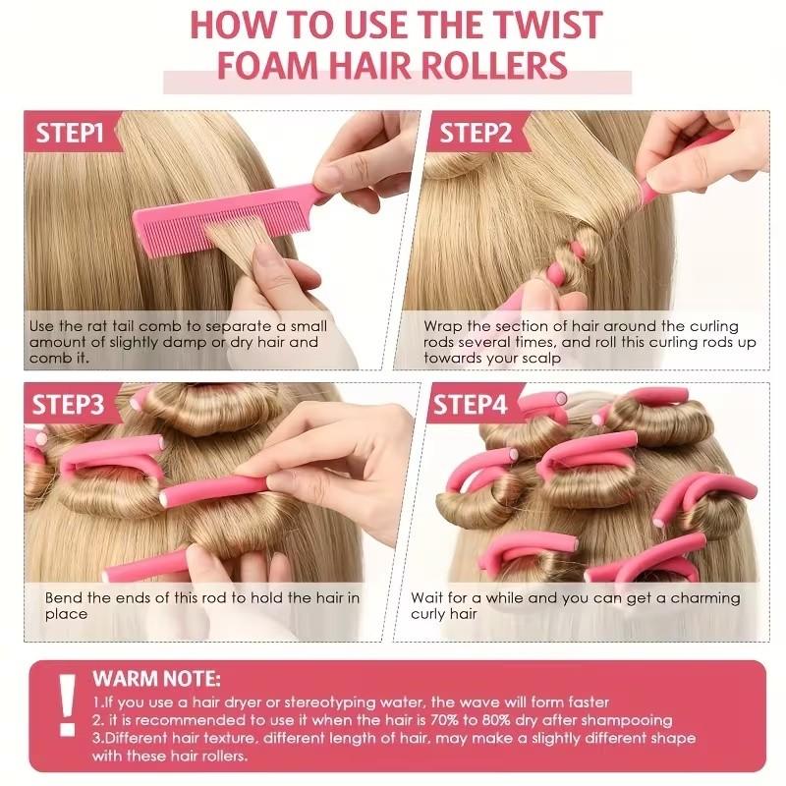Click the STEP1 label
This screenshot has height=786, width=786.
pos(71,134)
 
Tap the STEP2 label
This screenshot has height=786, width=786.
pos(476,134)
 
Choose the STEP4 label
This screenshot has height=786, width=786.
pos(471,405)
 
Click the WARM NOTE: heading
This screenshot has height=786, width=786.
pos(157,679)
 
